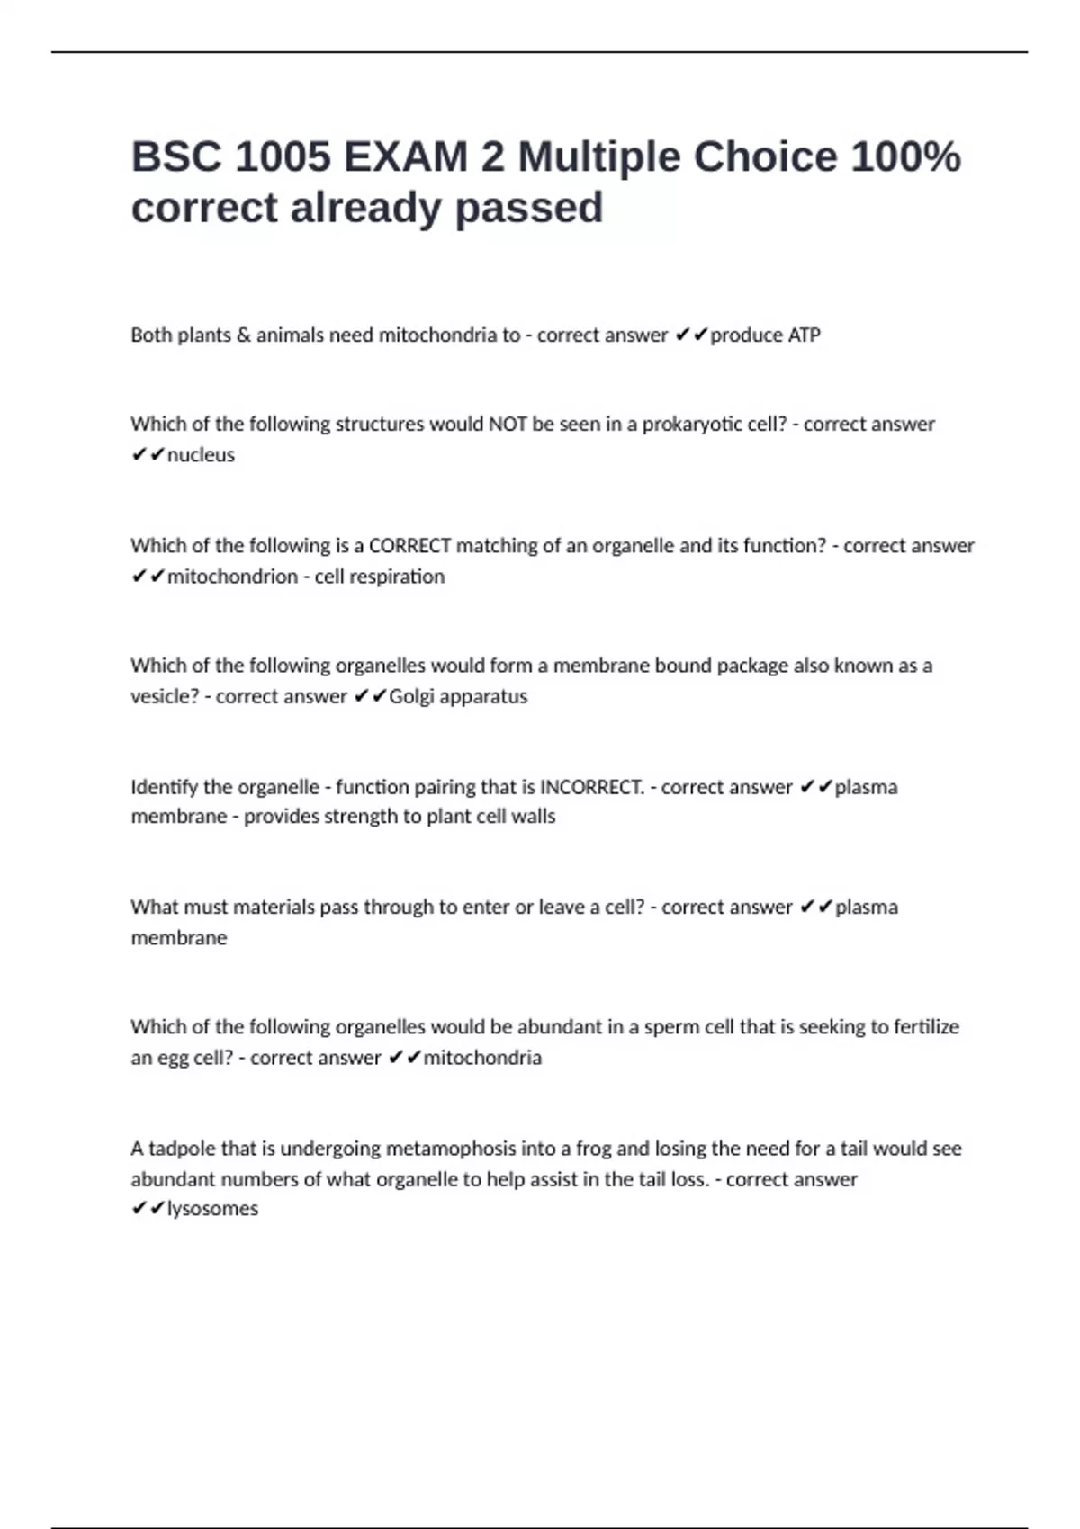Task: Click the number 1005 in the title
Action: point(283,157)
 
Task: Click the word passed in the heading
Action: point(528,209)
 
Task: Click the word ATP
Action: point(804,335)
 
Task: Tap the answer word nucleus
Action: point(201,455)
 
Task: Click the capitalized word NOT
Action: point(508,425)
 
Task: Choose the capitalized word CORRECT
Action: point(409,546)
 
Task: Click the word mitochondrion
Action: point(232,577)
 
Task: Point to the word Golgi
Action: point(411,697)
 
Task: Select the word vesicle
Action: point(165,697)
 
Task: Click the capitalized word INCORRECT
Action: point(591,788)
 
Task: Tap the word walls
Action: point(533,817)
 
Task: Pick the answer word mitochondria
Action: point(482,1058)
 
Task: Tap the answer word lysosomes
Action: point(212,1209)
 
